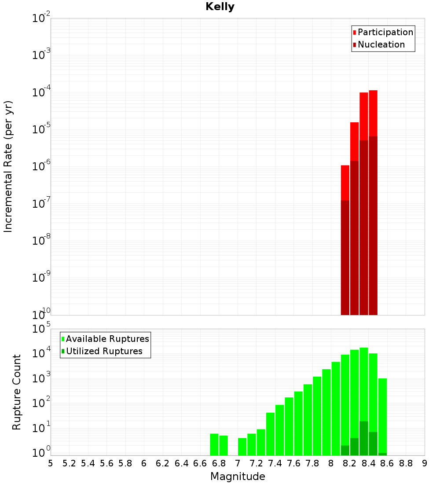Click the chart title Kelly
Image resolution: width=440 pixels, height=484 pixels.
coord(220,7)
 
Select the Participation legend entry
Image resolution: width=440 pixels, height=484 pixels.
coord(385,32)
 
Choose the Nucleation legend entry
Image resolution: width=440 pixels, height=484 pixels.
coord(381,44)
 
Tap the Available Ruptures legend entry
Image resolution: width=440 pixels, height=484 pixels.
coord(107,339)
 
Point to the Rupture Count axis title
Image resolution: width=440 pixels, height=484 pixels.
coord(17,392)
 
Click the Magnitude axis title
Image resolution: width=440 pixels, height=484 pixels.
coord(238,477)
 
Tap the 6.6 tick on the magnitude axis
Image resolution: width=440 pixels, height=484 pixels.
coord(200,463)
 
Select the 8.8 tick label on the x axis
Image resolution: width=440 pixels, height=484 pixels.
coord(406,463)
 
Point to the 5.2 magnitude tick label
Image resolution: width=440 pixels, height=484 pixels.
coord(69,463)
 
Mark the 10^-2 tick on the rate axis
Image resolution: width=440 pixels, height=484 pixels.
coord(41,18)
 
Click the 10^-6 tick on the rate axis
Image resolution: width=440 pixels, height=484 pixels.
coord(41,167)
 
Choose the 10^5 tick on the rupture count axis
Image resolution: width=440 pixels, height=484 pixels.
coord(41,329)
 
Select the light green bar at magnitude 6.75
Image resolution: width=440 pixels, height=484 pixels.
coord(214,444)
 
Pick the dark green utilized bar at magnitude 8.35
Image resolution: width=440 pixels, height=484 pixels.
coord(364,438)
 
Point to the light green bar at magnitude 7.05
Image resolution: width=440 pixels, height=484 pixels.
coord(242,447)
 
